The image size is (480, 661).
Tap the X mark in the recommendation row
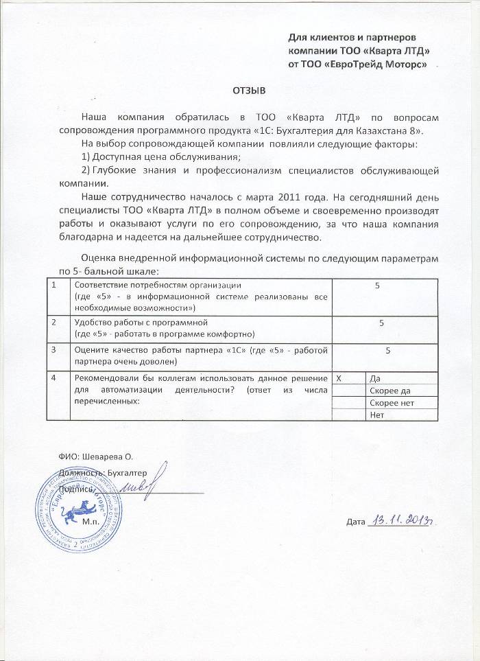(x=338, y=378)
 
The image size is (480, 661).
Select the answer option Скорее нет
(x=392, y=402)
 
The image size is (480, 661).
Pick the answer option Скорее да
(x=390, y=390)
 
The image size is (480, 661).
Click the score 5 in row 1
(x=377, y=285)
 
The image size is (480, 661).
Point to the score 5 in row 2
(x=382, y=322)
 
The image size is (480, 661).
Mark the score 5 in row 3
(x=388, y=351)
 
